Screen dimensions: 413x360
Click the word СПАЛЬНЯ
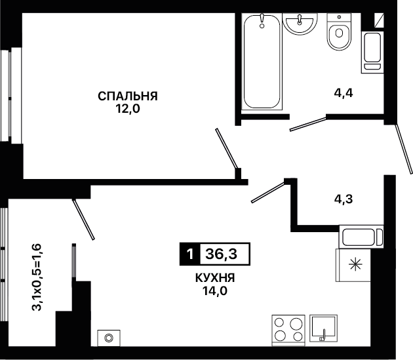[x=128, y=96]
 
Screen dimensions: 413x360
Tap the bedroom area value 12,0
[x=128, y=109]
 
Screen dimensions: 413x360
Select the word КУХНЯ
[x=215, y=278]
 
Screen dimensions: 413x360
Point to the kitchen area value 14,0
[x=214, y=290]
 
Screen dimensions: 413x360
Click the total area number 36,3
[x=222, y=254]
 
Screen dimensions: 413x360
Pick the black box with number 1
[x=190, y=254]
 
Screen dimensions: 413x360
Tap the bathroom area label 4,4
[x=344, y=93]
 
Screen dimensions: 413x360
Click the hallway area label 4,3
[x=344, y=199]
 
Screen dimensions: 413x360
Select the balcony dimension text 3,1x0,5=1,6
[x=37, y=277]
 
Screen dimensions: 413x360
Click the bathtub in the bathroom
[x=262, y=61]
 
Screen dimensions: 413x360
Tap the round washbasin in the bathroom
[x=300, y=23]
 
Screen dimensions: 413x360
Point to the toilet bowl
[x=339, y=31]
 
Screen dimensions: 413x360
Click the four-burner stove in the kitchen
[x=288, y=330]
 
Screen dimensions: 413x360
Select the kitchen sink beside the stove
[x=323, y=328]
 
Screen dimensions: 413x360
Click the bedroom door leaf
[x=227, y=148]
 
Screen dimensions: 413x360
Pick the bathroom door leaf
[x=308, y=124]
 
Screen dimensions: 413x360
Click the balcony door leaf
[x=83, y=219]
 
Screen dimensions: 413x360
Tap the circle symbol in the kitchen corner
[x=109, y=338]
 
